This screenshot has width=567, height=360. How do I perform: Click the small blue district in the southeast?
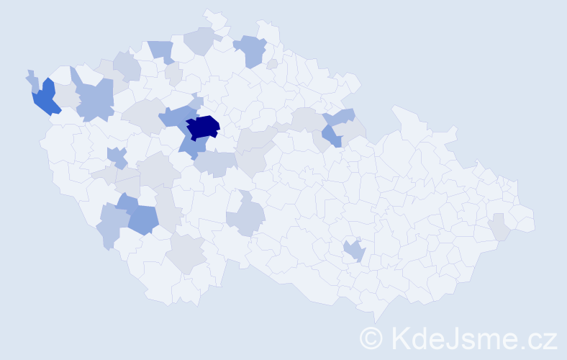click(355, 251)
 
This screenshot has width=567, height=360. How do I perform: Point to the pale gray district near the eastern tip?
click(500, 228)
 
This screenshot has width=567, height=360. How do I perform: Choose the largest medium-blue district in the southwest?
click(143, 219)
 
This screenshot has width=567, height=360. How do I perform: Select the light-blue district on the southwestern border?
click(110, 225)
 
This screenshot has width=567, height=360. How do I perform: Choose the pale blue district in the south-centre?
click(247, 218)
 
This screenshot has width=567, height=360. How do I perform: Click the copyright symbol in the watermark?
click(372, 337)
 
